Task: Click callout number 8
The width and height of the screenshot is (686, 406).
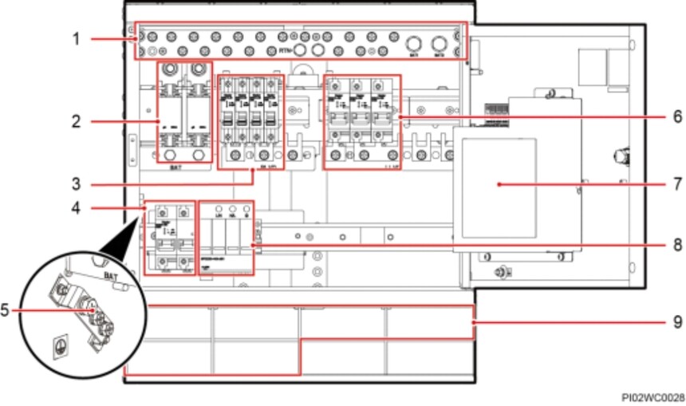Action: (x=676, y=245)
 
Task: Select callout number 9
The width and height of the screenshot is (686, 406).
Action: (x=676, y=321)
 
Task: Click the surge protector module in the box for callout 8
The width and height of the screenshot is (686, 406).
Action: (x=227, y=237)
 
